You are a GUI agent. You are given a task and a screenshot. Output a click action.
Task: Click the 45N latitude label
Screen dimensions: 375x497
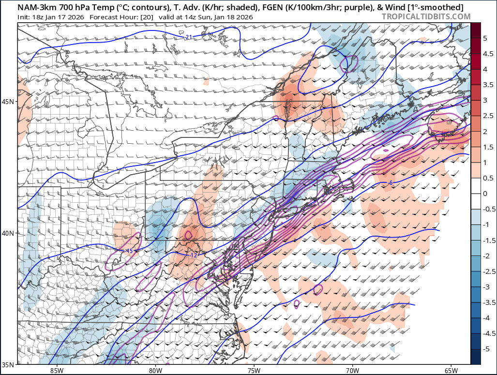click(8, 102)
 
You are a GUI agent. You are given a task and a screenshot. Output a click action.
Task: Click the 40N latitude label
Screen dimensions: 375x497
click(8, 233)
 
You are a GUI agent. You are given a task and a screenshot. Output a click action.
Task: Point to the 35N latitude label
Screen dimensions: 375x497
click(8, 364)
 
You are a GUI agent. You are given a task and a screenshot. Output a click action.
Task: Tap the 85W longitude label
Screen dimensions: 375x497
click(57, 371)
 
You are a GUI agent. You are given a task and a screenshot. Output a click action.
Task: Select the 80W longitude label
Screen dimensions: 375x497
click(155, 371)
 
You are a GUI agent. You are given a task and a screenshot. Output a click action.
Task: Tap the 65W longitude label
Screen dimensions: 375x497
click(451, 371)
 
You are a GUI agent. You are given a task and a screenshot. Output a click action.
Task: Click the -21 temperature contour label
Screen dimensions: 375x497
click(189, 37)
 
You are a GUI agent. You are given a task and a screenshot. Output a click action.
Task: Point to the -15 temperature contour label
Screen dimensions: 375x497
click(129, 251)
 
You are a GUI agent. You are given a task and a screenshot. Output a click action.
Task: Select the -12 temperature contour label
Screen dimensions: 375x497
click(194, 255)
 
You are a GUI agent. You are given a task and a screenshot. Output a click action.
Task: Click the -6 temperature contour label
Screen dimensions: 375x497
click(390, 183)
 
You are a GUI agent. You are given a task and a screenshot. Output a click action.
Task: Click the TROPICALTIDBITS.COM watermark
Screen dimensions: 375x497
click(426, 17)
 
